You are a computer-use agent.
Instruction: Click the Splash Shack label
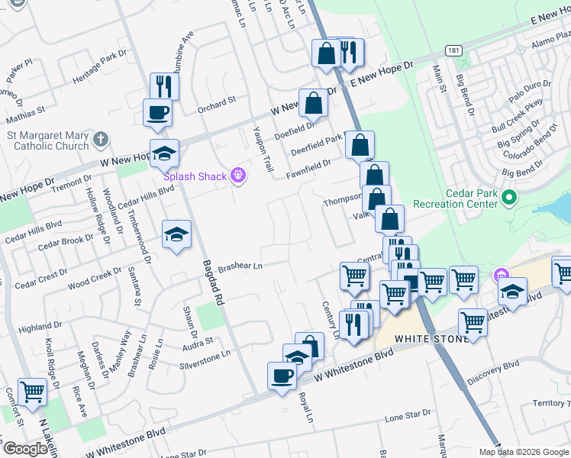pos(196,176)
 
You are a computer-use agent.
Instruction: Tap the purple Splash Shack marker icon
pos(238,176)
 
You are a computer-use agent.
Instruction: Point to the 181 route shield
pos(454,50)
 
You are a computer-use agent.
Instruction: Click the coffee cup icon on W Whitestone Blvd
pos(282,376)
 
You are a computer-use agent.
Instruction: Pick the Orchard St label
pos(217,103)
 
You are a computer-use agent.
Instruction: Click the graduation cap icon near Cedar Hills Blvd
pos(176,234)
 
